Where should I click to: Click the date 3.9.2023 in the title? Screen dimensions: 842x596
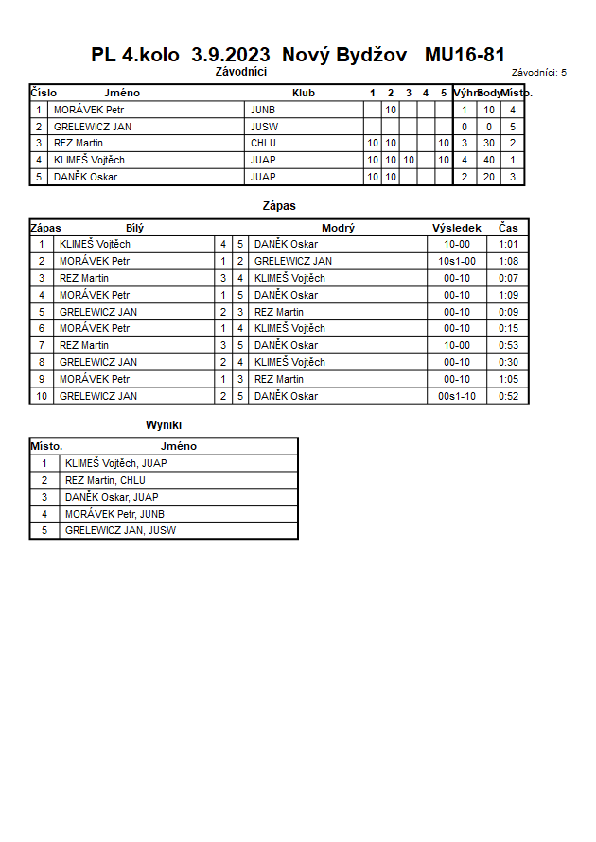[231, 55]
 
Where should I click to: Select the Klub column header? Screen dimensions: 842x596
[304, 93]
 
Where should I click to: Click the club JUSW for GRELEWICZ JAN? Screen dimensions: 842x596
[264, 127]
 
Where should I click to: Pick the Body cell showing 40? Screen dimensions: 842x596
[489, 160]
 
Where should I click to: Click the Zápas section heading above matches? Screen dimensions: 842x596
[279, 205]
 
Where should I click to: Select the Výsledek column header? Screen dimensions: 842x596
[457, 228]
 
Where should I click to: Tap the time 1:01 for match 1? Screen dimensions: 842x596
[508, 245]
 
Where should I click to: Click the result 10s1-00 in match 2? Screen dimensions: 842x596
[457, 262]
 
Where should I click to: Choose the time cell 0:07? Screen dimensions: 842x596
[508, 279]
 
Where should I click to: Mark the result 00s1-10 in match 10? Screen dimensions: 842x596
[457, 397]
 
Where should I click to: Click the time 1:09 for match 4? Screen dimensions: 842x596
[508, 296]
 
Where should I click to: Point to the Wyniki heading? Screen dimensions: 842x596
[164, 425]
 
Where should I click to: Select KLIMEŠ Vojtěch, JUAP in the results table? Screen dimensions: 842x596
[116, 464]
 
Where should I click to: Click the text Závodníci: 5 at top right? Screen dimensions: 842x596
[539, 72]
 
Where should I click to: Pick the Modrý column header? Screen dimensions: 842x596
[338, 228]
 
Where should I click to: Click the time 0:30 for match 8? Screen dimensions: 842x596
[508, 363]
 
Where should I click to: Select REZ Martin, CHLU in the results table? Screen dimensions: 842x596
[105, 481]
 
